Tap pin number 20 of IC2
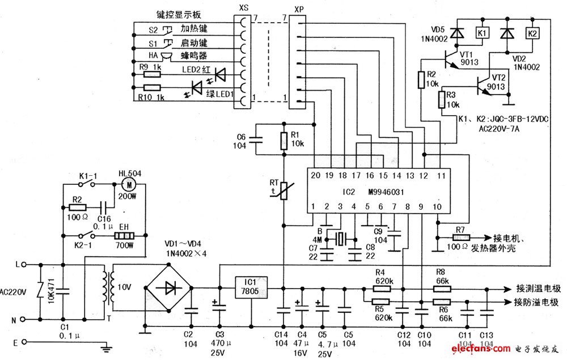click(315, 176)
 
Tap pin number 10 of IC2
click(437, 207)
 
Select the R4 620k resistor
click(381, 289)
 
